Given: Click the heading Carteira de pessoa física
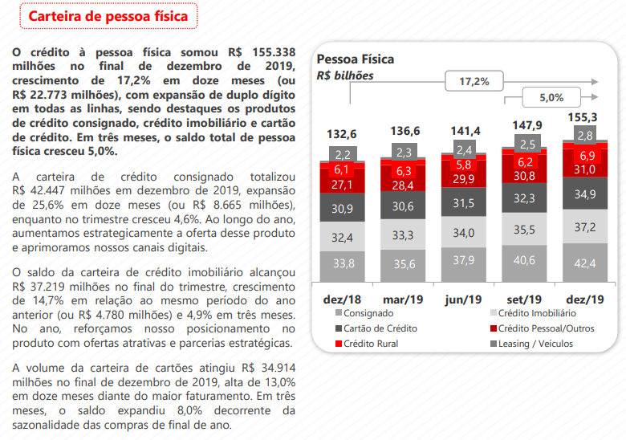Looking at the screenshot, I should [108, 16].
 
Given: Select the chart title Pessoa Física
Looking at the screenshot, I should [356, 59].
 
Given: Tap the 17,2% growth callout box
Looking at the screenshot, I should [474, 81].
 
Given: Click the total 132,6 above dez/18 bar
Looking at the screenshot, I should [343, 133].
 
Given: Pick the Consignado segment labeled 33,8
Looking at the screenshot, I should [343, 263].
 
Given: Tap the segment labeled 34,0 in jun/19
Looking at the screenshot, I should [464, 233].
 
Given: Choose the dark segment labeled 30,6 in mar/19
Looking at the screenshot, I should [404, 206].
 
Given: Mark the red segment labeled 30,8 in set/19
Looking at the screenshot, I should [524, 176].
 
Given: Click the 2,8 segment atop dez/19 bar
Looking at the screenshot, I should [585, 136].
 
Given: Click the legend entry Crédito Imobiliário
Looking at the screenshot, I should [537, 313].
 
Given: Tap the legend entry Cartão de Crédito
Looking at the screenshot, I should [380, 328].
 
